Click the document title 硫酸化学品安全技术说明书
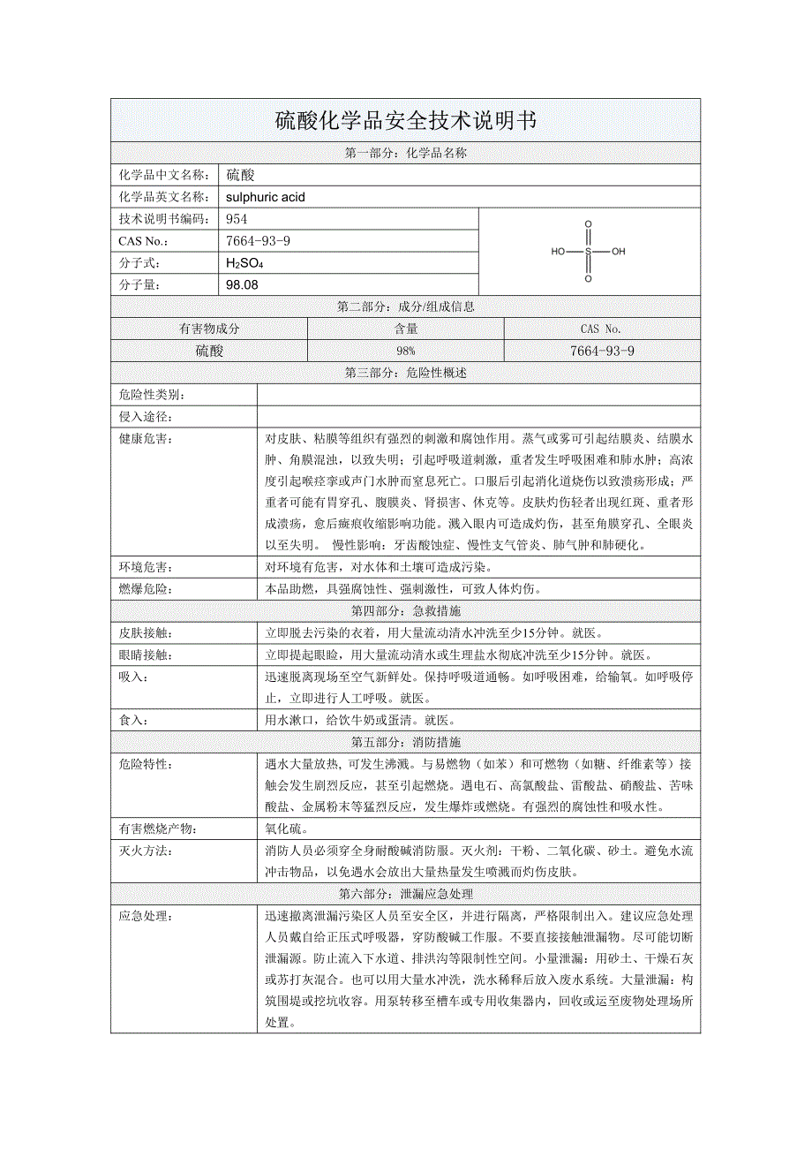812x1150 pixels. tap(405, 121)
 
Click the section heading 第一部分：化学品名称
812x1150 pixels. tap(405, 153)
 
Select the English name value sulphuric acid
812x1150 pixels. tap(266, 197)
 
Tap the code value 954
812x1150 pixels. tap(237, 219)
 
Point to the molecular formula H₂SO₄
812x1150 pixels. tap(245, 263)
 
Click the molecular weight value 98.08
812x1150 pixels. tap(243, 284)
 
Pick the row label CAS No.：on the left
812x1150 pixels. tap(142, 241)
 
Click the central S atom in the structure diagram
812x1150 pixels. tap(588, 252)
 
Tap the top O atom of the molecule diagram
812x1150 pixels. tap(588, 224)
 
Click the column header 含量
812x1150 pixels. tap(405, 329)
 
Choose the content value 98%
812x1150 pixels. tap(405, 351)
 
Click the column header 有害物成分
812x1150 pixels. tap(209, 329)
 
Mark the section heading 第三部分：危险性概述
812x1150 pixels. tap(405, 373)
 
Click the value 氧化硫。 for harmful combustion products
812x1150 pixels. tap(286, 828)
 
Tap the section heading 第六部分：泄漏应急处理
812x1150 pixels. tap(405, 894)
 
